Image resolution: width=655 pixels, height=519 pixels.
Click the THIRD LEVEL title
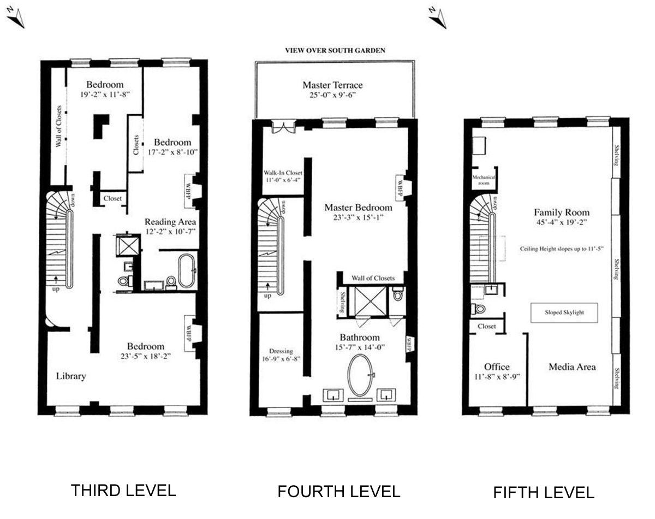tap(123, 490)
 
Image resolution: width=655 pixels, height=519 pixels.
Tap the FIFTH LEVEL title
tap(543, 493)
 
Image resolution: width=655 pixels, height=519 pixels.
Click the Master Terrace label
tap(332, 85)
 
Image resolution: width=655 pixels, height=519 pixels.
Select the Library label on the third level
tap(71, 376)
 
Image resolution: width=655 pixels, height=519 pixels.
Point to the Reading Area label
tap(170, 222)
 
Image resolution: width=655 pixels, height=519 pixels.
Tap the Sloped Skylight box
tap(564, 313)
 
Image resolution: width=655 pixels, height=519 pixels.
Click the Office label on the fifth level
tap(497, 367)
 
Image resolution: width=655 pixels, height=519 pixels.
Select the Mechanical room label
tap(484, 180)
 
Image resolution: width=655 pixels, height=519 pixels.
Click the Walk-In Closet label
tap(283, 173)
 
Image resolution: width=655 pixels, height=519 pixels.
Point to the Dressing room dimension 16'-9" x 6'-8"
tap(282, 359)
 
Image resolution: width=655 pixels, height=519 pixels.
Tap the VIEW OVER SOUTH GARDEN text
tap(335, 50)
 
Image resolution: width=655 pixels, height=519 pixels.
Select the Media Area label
tap(572, 367)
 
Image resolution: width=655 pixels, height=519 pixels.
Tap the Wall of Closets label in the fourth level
tap(373, 278)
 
